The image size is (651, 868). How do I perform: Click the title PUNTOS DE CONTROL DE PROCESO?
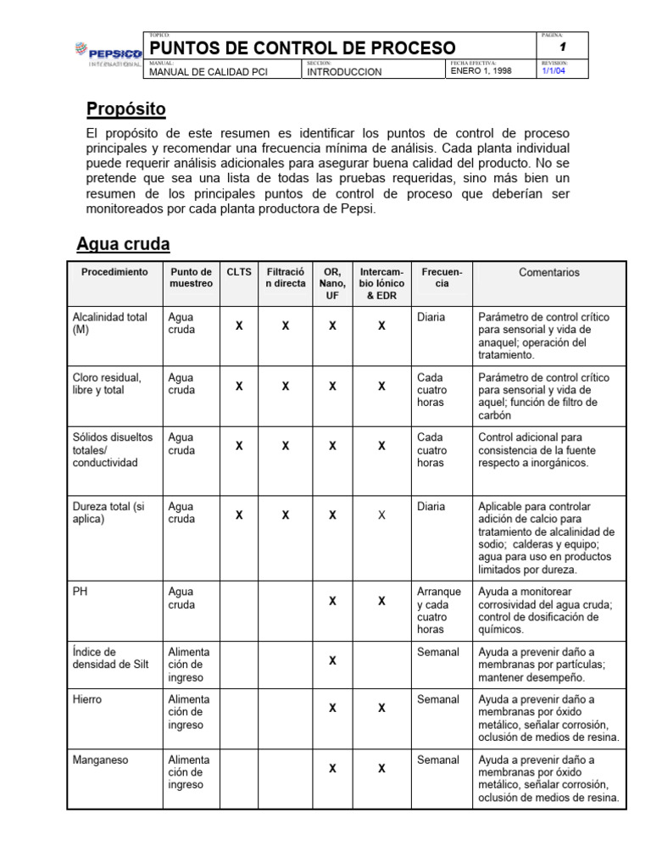(x=303, y=47)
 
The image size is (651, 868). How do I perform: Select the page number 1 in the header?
(x=562, y=47)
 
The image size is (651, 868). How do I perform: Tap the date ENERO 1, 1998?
(x=481, y=72)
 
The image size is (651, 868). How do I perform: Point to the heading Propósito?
(x=126, y=108)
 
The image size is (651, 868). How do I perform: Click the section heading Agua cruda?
(x=123, y=244)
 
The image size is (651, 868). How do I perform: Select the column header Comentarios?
(x=549, y=272)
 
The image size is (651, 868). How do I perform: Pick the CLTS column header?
(x=239, y=272)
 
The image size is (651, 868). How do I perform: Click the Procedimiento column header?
(x=114, y=272)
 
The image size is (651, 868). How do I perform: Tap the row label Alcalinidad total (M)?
(x=110, y=323)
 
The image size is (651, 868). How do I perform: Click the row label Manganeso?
(x=101, y=759)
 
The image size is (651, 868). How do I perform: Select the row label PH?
(x=81, y=592)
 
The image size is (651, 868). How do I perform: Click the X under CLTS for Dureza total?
(x=239, y=515)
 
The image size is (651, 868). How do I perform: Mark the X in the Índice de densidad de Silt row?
(x=332, y=659)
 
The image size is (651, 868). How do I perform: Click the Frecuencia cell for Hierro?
(x=438, y=699)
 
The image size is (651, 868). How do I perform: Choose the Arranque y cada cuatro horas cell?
(x=439, y=610)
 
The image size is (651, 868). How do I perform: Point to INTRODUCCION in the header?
(x=344, y=72)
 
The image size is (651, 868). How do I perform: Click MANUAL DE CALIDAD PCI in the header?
(x=209, y=72)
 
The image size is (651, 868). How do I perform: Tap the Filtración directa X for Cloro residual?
(x=286, y=386)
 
